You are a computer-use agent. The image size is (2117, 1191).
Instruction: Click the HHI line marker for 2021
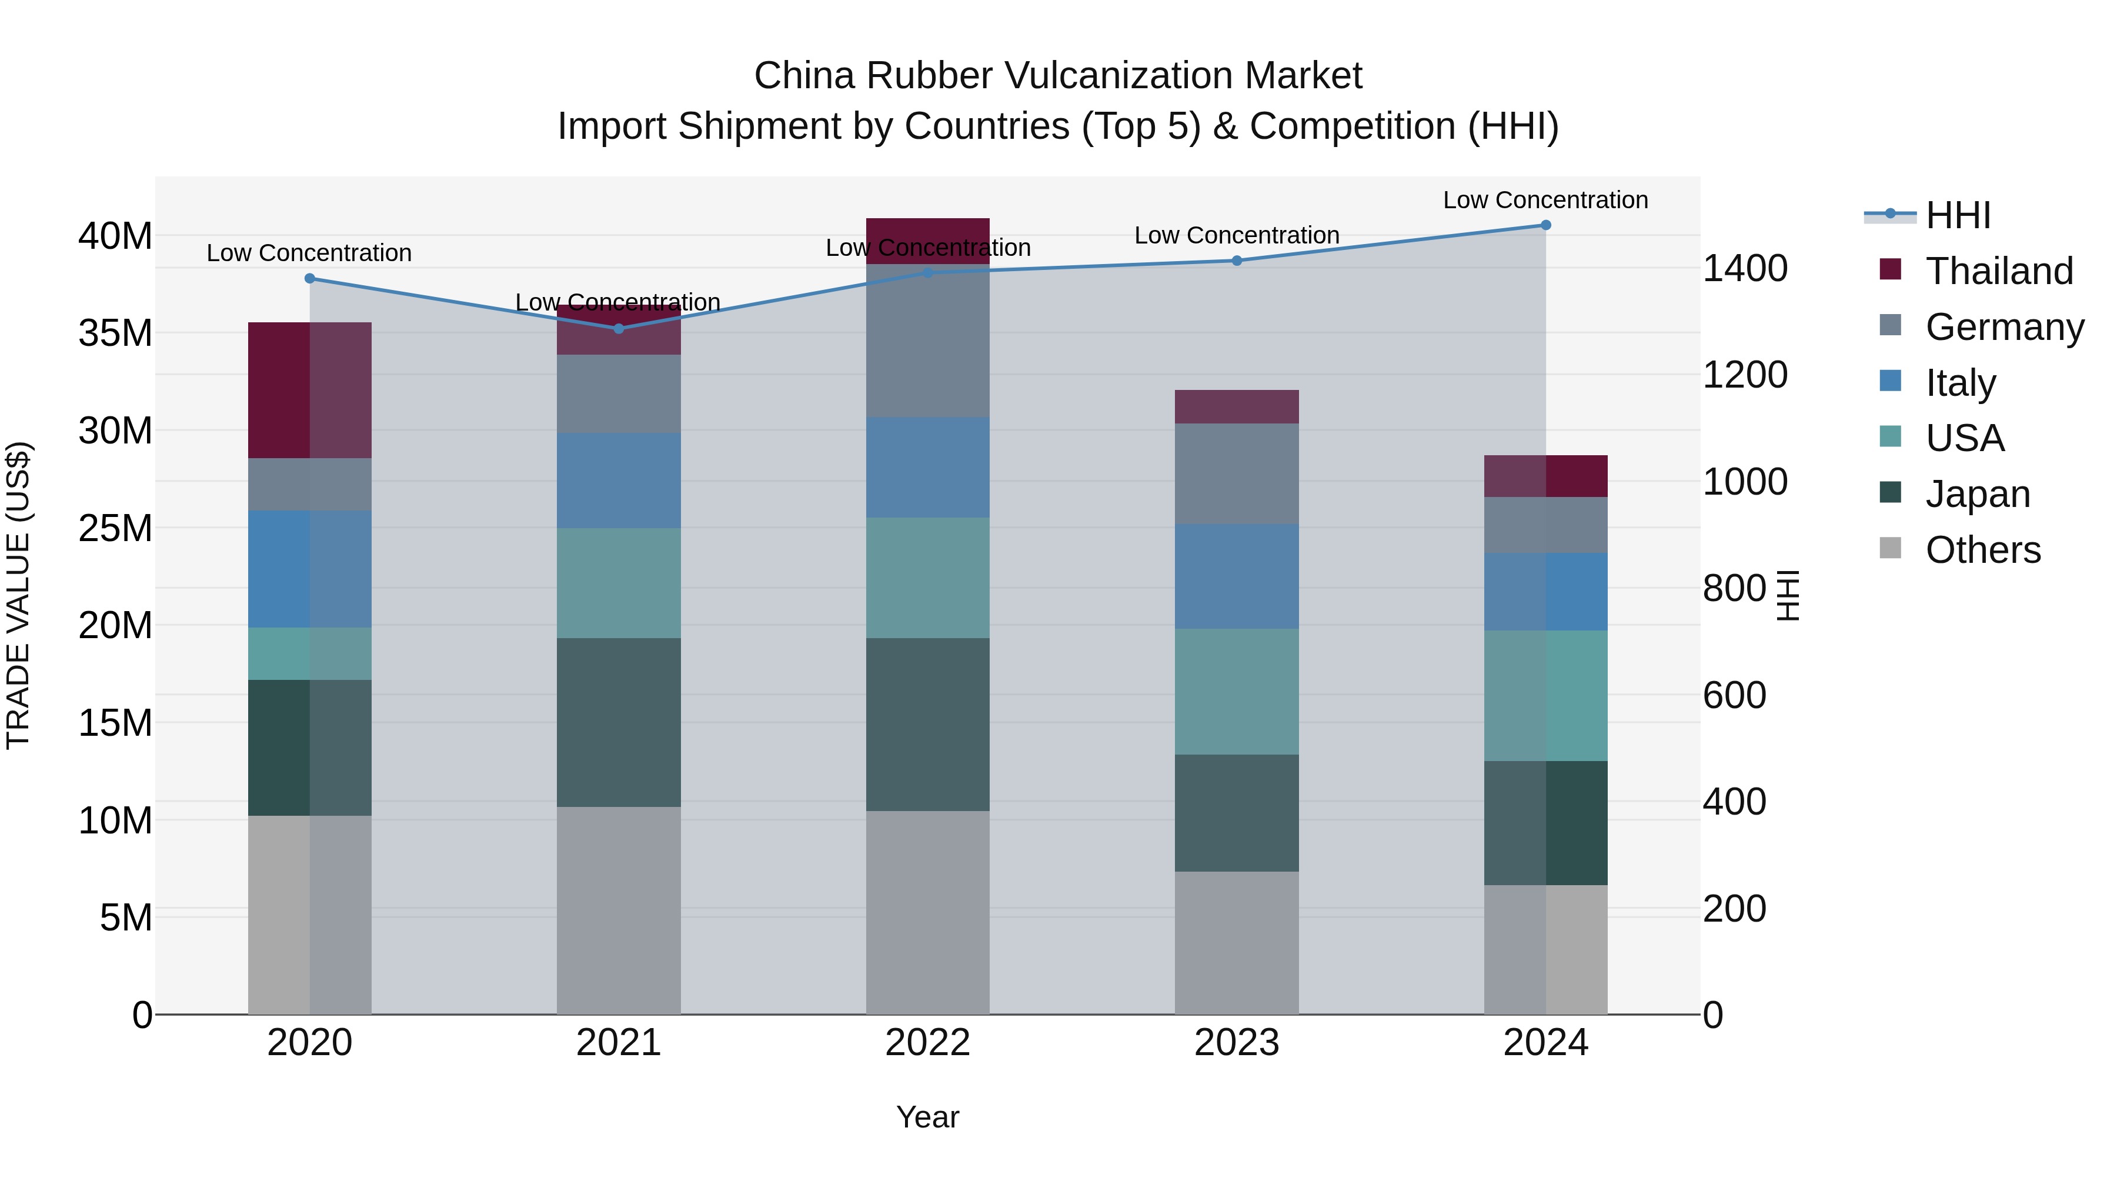pos(619,329)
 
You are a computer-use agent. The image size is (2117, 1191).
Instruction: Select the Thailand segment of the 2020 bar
pos(310,391)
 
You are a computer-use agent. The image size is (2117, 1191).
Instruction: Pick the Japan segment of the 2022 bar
pos(928,724)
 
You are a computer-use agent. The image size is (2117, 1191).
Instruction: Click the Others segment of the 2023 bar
pos(1237,943)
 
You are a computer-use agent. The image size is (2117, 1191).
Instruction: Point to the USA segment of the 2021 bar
pos(619,583)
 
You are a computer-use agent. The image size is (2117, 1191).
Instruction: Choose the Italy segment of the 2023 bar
pos(1237,576)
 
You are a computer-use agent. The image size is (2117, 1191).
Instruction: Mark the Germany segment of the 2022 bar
pos(928,341)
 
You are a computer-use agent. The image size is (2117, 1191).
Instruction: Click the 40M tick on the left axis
pos(115,236)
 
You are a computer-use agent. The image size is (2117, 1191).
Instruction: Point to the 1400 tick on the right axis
pos(1745,269)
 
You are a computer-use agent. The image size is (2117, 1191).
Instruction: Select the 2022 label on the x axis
pos(928,1043)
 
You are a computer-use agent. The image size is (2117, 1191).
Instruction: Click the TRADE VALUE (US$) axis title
pos(18,595)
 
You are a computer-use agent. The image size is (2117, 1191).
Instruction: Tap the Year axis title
pos(928,1117)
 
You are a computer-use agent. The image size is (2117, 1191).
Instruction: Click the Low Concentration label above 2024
pos(1545,200)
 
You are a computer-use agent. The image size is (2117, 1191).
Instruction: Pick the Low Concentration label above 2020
pos(309,253)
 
